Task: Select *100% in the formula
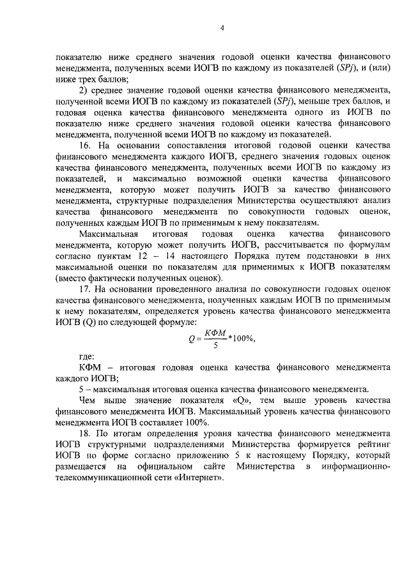[242, 338]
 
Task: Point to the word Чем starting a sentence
[87, 399]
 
